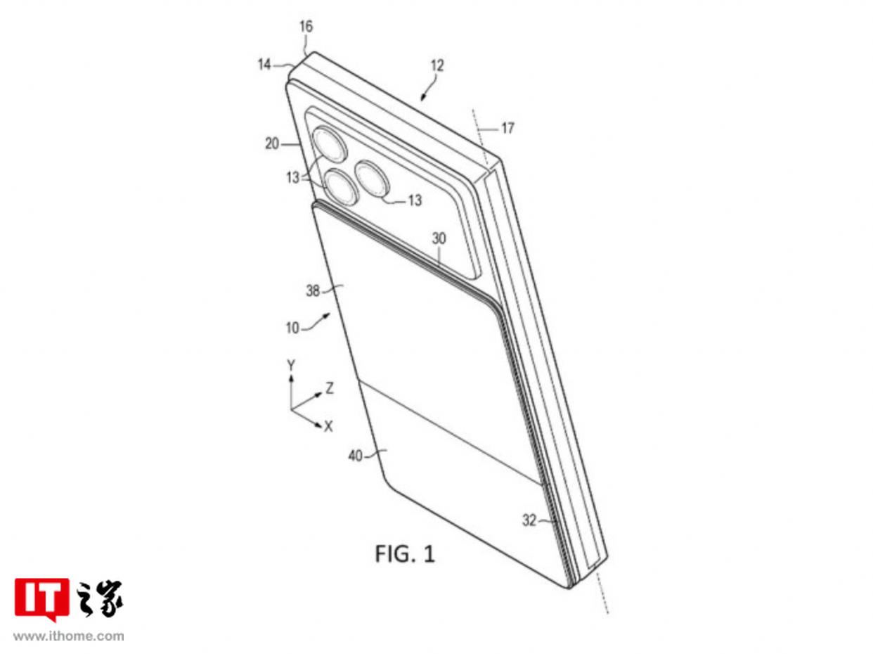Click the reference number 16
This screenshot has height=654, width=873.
click(x=306, y=27)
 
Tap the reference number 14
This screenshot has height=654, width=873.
click(x=264, y=64)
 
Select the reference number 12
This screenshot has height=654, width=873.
click(x=436, y=65)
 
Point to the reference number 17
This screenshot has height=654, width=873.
click(x=507, y=128)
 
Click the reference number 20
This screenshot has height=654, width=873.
click(x=272, y=143)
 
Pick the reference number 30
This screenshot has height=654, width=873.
click(x=439, y=238)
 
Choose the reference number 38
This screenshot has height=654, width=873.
click(x=313, y=291)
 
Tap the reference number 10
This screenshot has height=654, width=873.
click(x=292, y=328)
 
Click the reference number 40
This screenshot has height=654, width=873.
click(x=355, y=456)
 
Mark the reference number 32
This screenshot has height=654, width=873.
click(x=529, y=520)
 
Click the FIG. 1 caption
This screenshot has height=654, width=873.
click(x=404, y=553)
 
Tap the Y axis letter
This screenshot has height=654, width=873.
click(x=291, y=365)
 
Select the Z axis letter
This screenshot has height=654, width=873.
click(x=330, y=388)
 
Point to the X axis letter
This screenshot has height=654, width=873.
click(x=328, y=427)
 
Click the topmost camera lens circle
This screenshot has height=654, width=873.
click(x=330, y=144)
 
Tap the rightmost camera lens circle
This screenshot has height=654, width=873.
click(x=372, y=179)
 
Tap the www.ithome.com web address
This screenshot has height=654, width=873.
click(x=68, y=636)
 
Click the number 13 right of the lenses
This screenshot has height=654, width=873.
click(x=415, y=200)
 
